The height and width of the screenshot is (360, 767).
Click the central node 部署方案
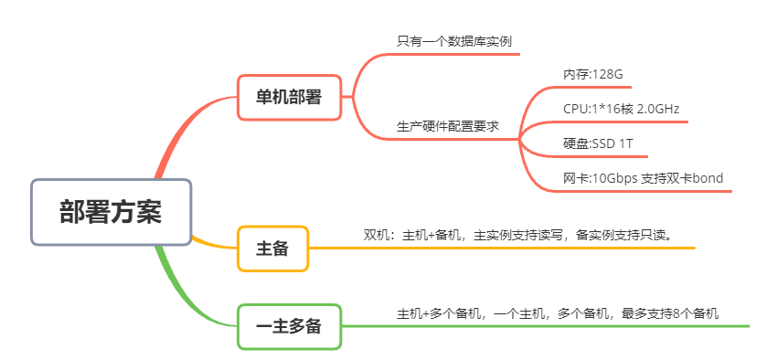111,212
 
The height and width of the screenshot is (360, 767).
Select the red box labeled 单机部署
289,97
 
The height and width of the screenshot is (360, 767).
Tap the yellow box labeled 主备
272,248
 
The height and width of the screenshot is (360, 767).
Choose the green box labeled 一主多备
289,326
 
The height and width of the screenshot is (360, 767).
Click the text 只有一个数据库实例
447,41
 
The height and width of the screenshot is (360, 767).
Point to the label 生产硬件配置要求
448,126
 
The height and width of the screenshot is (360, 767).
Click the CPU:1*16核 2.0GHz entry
621,109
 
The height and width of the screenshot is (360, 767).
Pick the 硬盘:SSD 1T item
598,143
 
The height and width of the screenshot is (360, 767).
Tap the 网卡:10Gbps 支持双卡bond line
643,178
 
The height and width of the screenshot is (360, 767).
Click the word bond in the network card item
708,178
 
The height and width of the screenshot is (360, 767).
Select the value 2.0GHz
656,109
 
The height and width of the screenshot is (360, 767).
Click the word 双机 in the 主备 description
376,235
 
